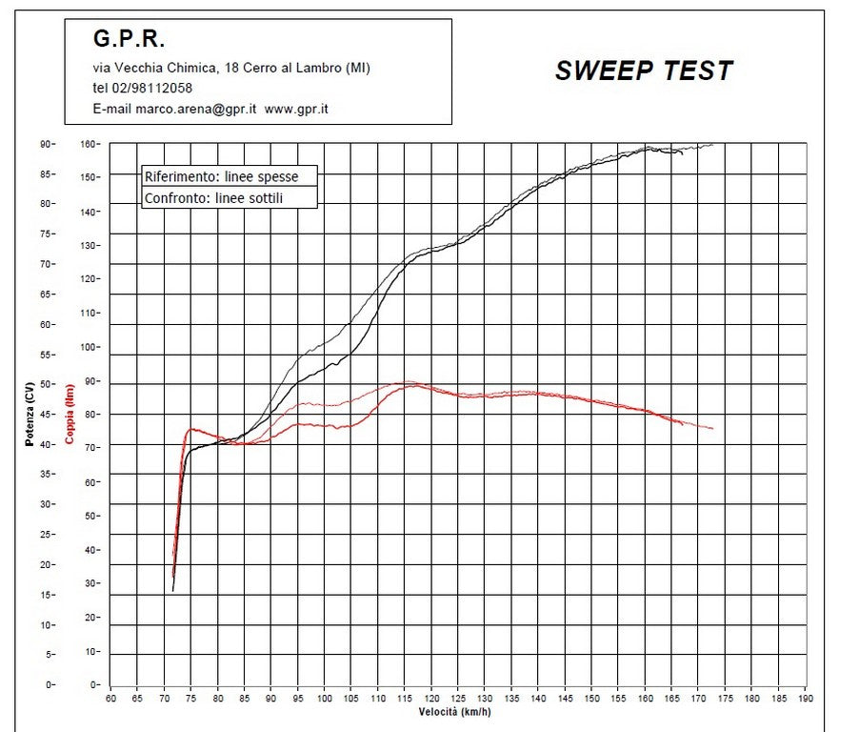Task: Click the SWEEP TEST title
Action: coord(644,71)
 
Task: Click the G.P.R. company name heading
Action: coord(129,39)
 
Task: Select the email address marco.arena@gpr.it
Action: coord(195,109)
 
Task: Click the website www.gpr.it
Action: coord(296,109)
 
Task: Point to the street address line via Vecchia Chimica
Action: coord(231,67)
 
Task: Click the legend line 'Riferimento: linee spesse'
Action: coord(221,176)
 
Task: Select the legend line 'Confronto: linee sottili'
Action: coord(214,198)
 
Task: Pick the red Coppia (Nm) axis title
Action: coord(69,416)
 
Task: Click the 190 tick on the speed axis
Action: coord(806,697)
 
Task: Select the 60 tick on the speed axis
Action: coord(110,697)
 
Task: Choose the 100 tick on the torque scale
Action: coord(90,347)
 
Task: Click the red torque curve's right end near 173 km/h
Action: coord(711,429)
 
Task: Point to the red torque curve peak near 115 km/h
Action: coord(408,384)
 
